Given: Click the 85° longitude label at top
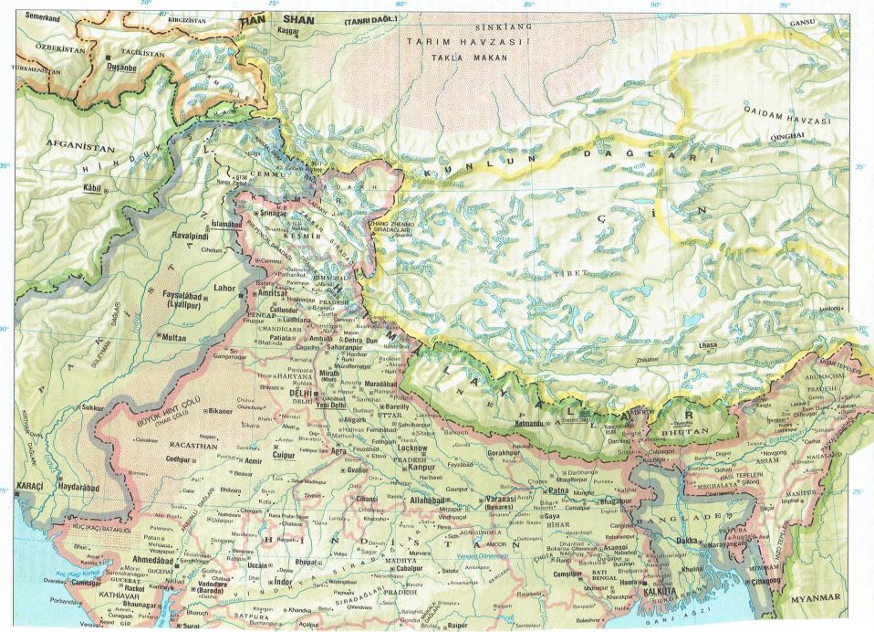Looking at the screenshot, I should coord(528,5).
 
